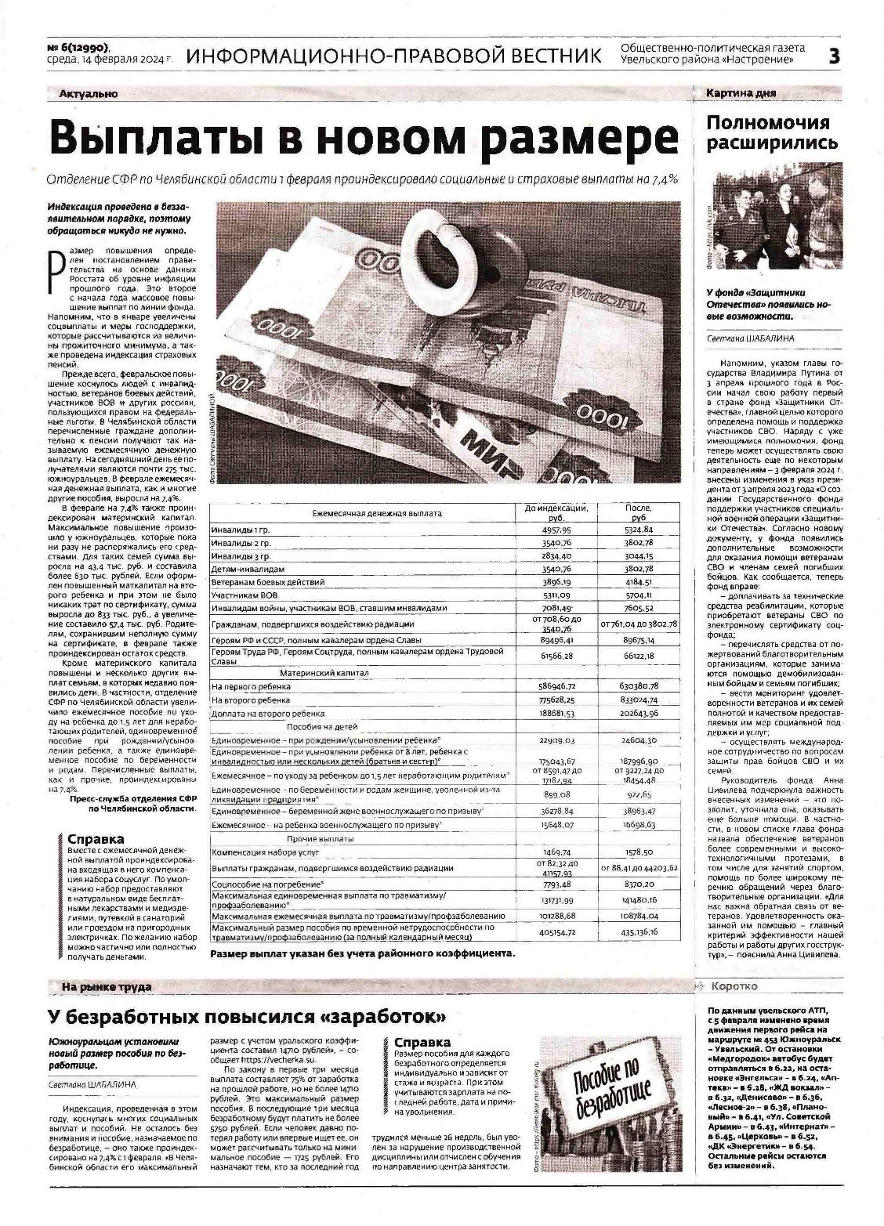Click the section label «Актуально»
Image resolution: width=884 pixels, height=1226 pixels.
(88, 94)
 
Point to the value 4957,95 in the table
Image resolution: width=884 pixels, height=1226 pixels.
(556, 530)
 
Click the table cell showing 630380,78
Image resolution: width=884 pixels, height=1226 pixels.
(638, 686)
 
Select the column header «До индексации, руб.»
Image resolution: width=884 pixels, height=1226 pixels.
(556, 513)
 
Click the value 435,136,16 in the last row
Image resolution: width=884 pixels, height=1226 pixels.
(638, 932)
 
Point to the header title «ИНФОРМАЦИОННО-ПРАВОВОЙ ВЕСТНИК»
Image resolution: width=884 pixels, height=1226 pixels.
(395, 56)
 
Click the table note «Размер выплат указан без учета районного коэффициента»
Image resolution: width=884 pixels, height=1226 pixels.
(363, 953)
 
